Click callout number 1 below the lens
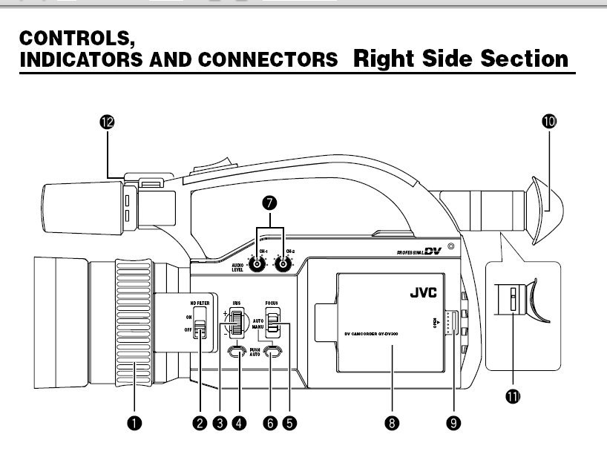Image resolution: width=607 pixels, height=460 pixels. pyautogui.click(x=134, y=423)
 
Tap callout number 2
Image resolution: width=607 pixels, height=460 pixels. pyautogui.click(x=199, y=423)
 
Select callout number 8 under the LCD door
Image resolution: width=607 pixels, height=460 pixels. pyautogui.click(x=392, y=423)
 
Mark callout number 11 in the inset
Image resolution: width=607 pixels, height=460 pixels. pyautogui.click(x=512, y=396)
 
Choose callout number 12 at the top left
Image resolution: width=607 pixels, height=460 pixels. pyautogui.click(x=108, y=122)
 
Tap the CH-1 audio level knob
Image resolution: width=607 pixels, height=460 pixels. pyautogui.click(x=257, y=263)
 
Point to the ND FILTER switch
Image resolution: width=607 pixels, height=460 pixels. pyautogui.click(x=199, y=327)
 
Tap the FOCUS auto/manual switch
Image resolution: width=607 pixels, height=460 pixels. pyautogui.click(x=274, y=321)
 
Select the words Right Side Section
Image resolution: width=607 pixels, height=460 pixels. pyautogui.click(x=462, y=58)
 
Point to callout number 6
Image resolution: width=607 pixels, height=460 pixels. pyautogui.click(x=269, y=423)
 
